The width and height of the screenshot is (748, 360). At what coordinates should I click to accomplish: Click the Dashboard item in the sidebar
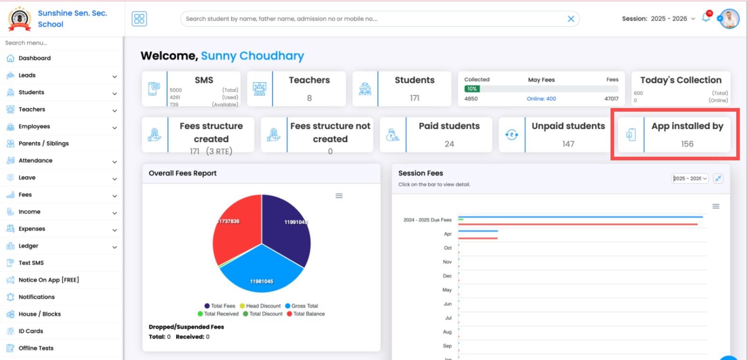coord(34,58)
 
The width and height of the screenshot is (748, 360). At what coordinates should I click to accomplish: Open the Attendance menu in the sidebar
coord(36,161)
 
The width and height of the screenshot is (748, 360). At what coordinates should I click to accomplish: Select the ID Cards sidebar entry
coord(30,331)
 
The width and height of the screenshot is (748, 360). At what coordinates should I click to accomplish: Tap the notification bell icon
coord(706,18)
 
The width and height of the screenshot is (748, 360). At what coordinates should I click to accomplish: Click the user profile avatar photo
coord(729,19)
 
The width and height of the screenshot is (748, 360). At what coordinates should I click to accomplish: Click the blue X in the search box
coord(571,19)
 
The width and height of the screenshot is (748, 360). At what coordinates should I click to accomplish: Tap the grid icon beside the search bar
coord(139,19)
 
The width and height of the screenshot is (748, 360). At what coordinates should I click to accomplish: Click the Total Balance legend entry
coord(309,314)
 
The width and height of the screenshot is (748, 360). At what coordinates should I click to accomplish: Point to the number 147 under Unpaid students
coord(568,144)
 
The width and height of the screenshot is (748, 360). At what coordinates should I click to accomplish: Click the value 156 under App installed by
coord(687,144)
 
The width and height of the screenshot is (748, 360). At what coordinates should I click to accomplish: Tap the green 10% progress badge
coord(472,89)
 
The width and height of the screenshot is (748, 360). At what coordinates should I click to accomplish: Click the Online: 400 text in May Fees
coord(541,99)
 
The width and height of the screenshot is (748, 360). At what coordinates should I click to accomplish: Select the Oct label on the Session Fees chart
coord(447,248)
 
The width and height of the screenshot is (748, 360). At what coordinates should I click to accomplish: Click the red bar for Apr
coord(478,238)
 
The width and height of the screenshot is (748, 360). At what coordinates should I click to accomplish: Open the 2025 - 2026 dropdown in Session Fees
coord(690,179)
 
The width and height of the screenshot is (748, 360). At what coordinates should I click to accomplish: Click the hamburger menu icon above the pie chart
coord(339,196)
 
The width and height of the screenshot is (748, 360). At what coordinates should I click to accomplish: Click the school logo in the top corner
coord(20,19)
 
